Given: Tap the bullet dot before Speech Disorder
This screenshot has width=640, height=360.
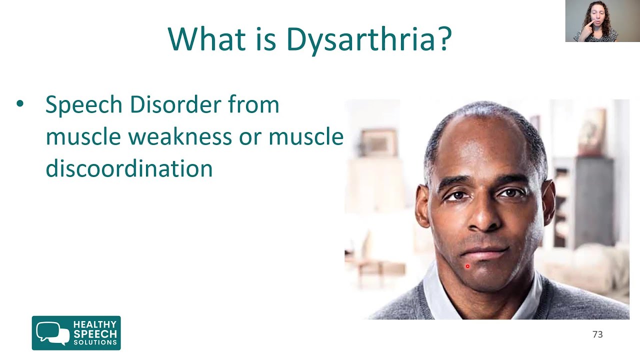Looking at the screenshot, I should click(20, 104).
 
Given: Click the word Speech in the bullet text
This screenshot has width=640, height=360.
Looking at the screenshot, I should click(83, 105).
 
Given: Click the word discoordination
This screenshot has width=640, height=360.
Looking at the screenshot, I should click(129, 168).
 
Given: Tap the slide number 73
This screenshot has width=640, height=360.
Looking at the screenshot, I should click(597, 334).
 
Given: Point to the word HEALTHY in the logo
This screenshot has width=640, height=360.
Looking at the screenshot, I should click(95, 324).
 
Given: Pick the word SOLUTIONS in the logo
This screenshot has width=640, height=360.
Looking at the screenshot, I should click(95, 342).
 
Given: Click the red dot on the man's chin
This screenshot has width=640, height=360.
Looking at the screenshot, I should click(467, 266).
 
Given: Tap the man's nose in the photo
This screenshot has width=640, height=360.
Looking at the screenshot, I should click(483, 220).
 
